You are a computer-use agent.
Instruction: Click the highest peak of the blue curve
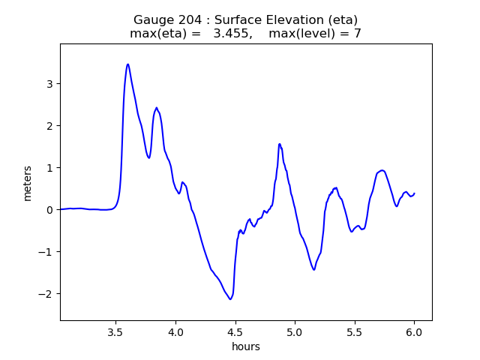pos(128,64)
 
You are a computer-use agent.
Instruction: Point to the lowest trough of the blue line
pos(230,299)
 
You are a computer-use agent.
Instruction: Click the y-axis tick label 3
pos(49,84)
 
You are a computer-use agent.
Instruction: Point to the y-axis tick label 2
pos(49,126)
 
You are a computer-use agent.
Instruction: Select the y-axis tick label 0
pos(49,210)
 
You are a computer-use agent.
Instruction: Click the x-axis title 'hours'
pos(245,346)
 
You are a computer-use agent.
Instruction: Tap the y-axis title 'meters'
pos(28,183)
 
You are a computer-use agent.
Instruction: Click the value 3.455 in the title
pos(232,34)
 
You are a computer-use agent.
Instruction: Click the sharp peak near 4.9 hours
pos(279,144)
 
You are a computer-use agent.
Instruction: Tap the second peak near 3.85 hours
pos(157,107)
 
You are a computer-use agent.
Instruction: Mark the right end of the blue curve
pos(415,193)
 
